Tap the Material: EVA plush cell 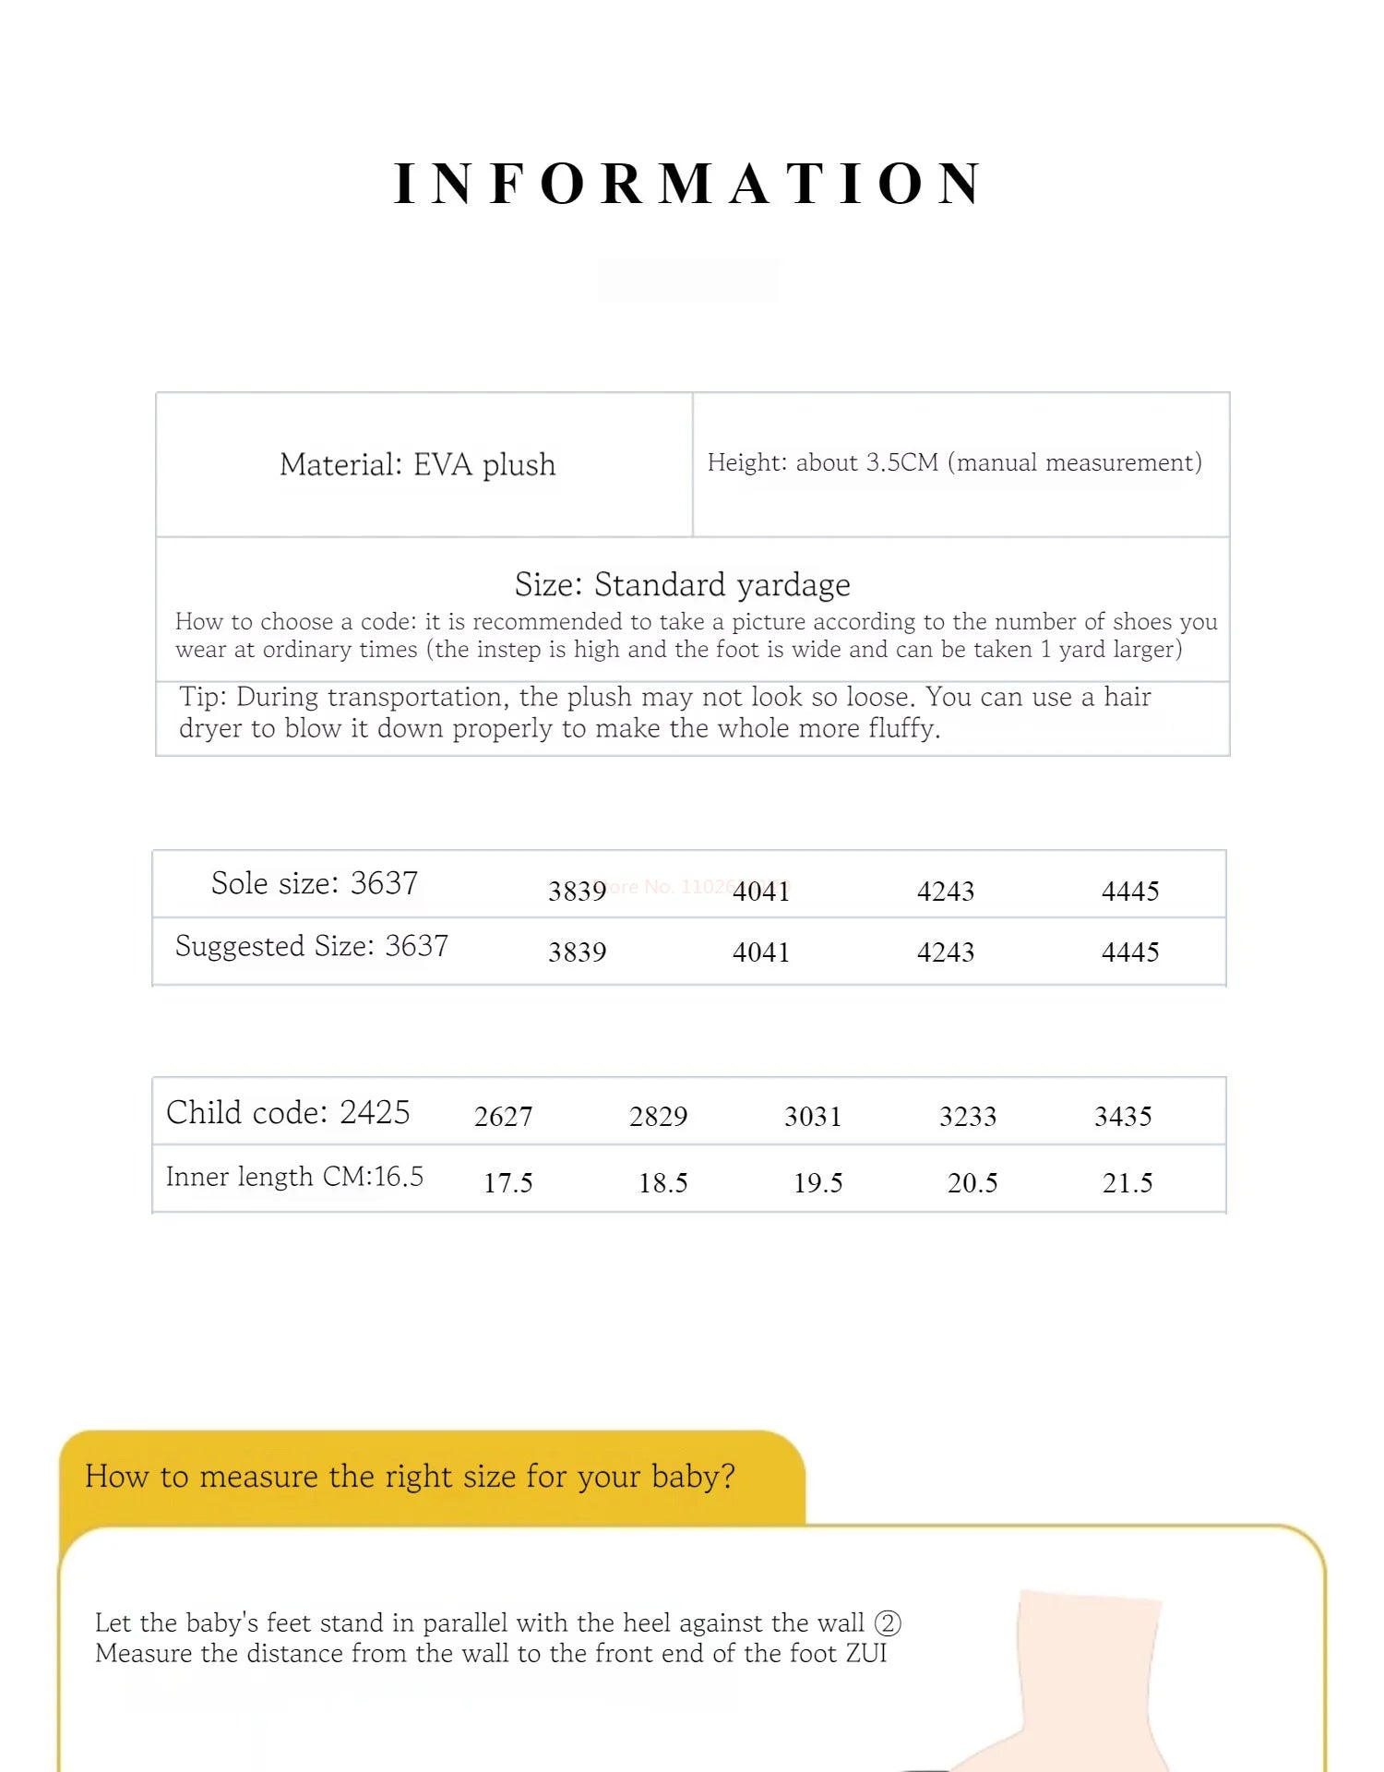(x=418, y=464)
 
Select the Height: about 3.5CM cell (x=954, y=462)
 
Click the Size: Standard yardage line (x=683, y=585)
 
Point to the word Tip (x=202, y=697)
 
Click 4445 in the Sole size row (x=1130, y=892)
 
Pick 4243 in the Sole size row (x=946, y=892)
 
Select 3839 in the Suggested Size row (x=578, y=952)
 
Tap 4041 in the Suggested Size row (x=761, y=952)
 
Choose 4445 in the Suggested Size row (x=1130, y=952)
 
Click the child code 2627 (x=504, y=1117)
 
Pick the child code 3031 (x=813, y=1117)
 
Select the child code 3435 (x=1123, y=1117)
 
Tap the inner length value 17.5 (x=508, y=1183)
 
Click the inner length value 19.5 (x=818, y=1183)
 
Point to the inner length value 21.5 (x=1127, y=1183)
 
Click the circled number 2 (x=888, y=1622)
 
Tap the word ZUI (x=866, y=1653)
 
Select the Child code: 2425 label (x=288, y=1113)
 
